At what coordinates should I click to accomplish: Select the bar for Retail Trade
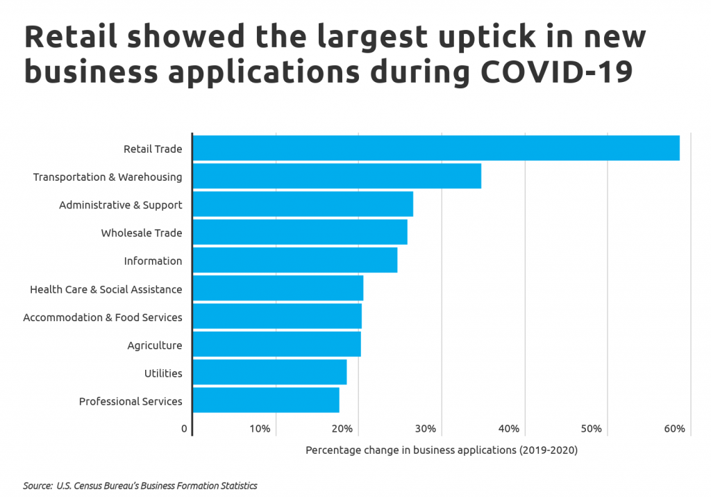[435, 149]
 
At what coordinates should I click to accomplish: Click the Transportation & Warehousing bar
[336, 177]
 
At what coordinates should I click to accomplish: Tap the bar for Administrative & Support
[302, 204]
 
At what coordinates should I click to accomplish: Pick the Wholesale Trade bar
[299, 232]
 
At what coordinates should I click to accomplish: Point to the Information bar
[294, 261]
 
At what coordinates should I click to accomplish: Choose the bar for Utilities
[269, 373]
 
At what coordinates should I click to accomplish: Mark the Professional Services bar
[265, 400]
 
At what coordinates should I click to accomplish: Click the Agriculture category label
[154, 345]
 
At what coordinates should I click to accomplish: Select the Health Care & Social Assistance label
[106, 289]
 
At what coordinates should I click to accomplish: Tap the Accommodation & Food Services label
[102, 317]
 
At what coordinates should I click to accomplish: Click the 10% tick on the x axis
[260, 429]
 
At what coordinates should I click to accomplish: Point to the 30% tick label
[426, 429]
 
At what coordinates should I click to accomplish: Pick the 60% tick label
[674, 429]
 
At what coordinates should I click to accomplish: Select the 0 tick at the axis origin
[184, 429]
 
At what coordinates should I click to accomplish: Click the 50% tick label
[592, 429]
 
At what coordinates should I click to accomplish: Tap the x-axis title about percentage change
[441, 450]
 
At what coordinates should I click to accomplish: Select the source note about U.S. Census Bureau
[140, 486]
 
